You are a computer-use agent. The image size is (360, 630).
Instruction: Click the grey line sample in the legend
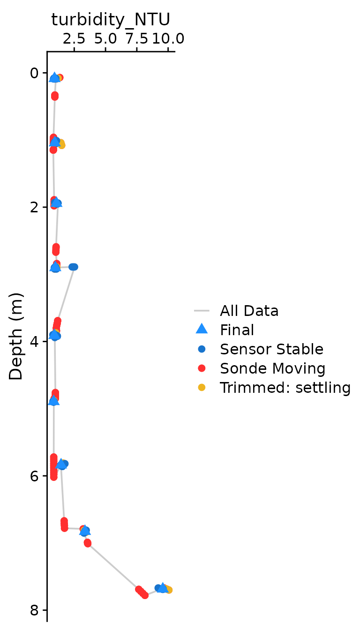[202, 310]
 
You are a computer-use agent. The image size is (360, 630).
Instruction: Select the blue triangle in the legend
[202, 329]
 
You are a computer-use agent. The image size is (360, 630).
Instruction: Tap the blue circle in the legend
[202, 349]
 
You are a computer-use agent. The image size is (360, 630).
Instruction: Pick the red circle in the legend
[202, 368]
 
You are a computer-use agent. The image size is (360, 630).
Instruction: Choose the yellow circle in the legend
[202, 387]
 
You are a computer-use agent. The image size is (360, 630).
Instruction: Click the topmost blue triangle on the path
[54, 77]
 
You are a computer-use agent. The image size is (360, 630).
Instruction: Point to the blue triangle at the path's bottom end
[162, 588]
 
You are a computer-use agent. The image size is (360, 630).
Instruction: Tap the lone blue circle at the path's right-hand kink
[73, 267]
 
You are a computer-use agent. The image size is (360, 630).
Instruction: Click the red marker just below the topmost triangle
[55, 96]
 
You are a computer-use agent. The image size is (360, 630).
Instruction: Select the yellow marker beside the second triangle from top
[62, 145]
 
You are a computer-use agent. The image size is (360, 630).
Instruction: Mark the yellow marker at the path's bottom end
[169, 590]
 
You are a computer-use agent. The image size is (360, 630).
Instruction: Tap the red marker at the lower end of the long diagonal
[142, 592]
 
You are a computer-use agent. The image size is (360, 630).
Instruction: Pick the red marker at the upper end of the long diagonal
[88, 543]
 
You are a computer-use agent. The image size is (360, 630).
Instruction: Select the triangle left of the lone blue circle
[55, 267]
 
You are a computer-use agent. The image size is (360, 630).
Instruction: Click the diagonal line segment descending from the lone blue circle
[66, 293]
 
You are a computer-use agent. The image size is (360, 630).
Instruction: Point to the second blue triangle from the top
[55, 142]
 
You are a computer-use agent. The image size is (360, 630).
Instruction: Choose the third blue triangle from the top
[56, 202]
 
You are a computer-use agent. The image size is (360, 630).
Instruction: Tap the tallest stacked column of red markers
[54, 467]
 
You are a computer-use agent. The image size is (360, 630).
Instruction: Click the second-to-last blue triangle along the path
[85, 531]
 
